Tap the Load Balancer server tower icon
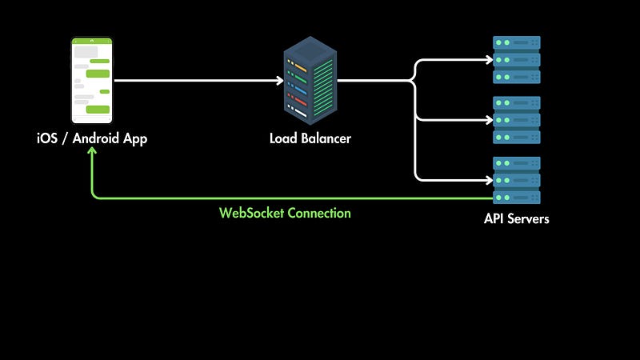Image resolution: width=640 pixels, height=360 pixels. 310,80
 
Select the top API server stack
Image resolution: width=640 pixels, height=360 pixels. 516,60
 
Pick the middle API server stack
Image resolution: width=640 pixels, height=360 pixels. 516,120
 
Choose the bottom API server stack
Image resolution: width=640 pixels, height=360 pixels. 516,180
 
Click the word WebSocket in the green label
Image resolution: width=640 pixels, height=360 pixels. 251,214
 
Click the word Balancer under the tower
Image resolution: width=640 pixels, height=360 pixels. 326,138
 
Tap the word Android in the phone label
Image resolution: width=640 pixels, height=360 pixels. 100,138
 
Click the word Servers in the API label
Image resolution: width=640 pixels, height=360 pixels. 528,218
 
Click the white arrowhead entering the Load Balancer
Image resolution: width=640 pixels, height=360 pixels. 279,81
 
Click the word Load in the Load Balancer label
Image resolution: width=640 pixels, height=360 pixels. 283,138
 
